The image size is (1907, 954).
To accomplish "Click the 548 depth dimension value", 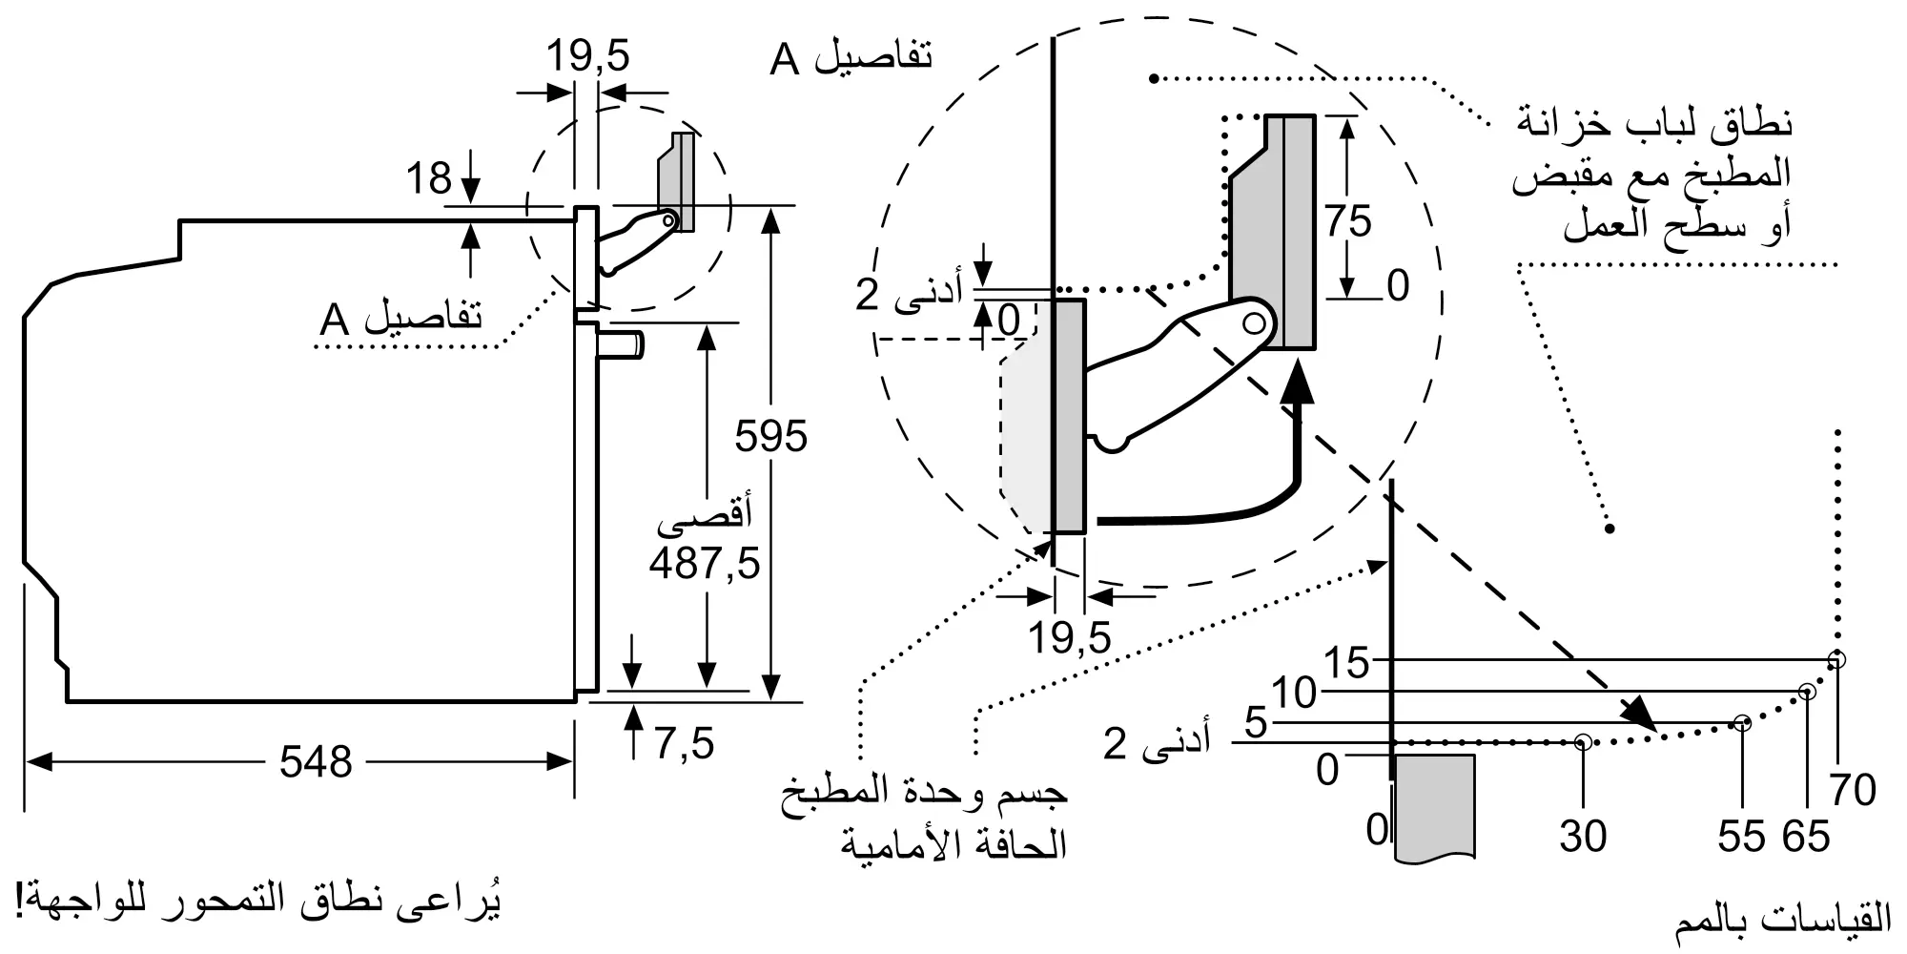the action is click(x=316, y=761).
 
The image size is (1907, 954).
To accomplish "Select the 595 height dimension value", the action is click(x=770, y=436).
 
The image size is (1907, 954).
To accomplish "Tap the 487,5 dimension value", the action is click(x=705, y=563).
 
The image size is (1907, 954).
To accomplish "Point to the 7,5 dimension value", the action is click(x=685, y=742).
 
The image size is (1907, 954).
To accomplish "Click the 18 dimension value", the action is click(x=429, y=178).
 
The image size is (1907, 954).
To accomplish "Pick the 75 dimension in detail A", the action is click(x=1347, y=221).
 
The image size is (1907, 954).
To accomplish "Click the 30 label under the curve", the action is click(x=1583, y=836).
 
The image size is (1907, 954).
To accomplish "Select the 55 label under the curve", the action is click(x=1742, y=836).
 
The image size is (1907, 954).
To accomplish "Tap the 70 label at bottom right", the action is click(x=1853, y=790).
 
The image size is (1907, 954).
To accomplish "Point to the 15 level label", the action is click(x=1346, y=663).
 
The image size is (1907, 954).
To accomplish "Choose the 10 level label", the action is click(x=1294, y=694).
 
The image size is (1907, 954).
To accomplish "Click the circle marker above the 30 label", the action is click(x=1583, y=741).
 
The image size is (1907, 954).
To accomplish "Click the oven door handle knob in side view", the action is click(x=622, y=343).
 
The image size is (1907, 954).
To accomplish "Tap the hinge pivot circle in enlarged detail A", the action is click(x=1255, y=322).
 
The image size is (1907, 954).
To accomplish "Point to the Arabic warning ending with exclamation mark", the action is click(x=258, y=902).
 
